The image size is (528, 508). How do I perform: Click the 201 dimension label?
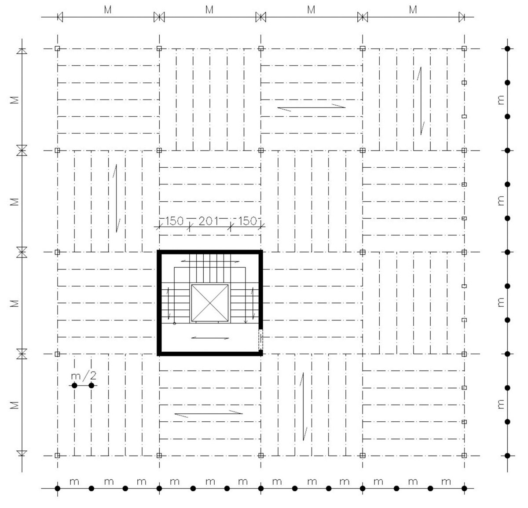[x=209, y=221]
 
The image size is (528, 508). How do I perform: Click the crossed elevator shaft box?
[x=209, y=303]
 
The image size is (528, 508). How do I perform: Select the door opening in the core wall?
[x=260, y=339]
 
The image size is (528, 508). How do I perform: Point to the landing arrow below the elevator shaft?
[x=210, y=338]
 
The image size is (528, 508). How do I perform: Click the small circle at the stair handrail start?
[x=175, y=324]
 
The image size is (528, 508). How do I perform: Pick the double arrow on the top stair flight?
[x=210, y=261]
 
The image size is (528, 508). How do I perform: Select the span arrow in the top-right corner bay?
[x=420, y=101]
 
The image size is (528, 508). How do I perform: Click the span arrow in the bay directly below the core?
[x=209, y=414]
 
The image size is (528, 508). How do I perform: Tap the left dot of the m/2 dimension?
[x=74, y=386]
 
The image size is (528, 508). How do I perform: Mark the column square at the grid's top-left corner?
[x=57, y=49]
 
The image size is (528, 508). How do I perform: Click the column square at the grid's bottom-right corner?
[x=464, y=456]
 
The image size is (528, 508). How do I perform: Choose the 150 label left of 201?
[x=174, y=221]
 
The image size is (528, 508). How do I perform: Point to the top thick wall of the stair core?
[x=210, y=252]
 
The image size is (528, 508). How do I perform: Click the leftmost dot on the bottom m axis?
[x=57, y=488]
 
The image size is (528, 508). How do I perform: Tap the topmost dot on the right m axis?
[x=507, y=49]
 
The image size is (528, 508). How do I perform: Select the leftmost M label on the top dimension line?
[x=108, y=10]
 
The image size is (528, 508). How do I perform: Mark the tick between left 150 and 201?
[x=189, y=227]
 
